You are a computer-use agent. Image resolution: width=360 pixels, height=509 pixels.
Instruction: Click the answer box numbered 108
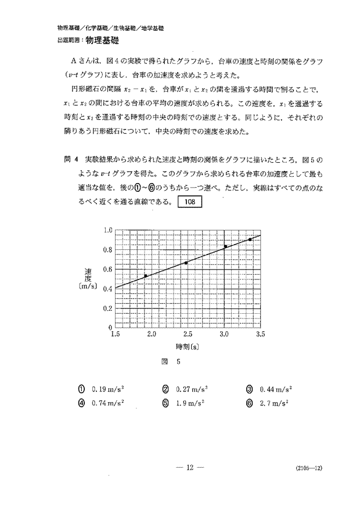pyautogui.click(x=189, y=202)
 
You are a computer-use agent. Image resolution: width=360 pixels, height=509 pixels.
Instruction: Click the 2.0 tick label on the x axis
pyautogui.click(x=152, y=335)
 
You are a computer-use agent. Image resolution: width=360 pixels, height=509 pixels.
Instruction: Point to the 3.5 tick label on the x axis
pyautogui.click(x=260, y=335)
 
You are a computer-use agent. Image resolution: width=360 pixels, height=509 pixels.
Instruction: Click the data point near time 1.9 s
pyautogui.click(x=146, y=275)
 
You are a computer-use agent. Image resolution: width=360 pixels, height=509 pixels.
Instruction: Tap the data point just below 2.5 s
pyautogui.click(x=186, y=263)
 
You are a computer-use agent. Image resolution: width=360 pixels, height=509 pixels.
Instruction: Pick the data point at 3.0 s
pyautogui.click(x=225, y=246)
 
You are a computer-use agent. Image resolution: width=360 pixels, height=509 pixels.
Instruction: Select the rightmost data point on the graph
pyautogui.click(x=250, y=239)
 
